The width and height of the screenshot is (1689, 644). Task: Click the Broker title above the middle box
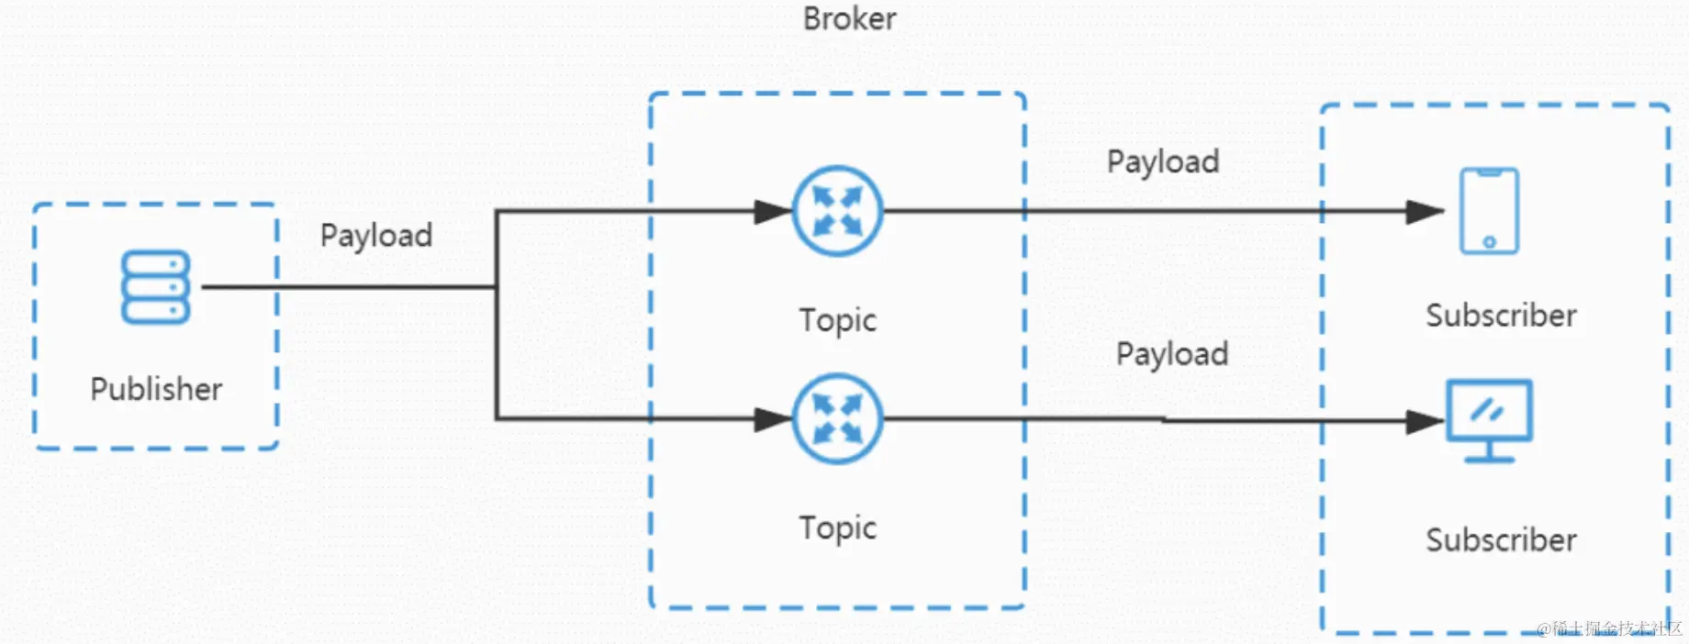click(849, 18)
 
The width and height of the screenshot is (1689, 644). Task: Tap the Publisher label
click(156, 389)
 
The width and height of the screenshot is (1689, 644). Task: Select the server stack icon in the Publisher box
click(155, 287)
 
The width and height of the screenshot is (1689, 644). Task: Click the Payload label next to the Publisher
click(376, 236)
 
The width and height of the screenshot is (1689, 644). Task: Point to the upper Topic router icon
click(837, 211)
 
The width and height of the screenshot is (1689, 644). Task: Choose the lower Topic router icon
click(837, 418)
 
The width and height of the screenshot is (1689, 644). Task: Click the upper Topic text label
click(837, 320)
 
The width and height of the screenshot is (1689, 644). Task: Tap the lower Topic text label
click(837, 528)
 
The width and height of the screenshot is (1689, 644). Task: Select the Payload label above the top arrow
click(1163, 162)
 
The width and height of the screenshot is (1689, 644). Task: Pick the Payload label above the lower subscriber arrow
click(1172, 354)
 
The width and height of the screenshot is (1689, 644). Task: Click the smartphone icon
click(1489, 211)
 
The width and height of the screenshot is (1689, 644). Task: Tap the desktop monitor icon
click(1489, 420)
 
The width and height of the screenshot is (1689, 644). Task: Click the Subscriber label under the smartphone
click(1501, 316)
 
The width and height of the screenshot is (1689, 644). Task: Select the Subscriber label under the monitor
click(1501, 540)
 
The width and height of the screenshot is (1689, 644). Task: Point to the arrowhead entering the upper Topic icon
click(773, 212)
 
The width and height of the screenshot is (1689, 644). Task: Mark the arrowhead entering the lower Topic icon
click(773, 419)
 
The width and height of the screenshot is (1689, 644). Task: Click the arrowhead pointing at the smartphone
click(1426, 212)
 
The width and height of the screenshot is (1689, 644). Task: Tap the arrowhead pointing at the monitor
click(1426, 422)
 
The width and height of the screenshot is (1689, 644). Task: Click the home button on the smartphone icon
click(1489, 242)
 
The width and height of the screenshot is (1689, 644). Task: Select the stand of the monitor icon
click(1489, 451)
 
